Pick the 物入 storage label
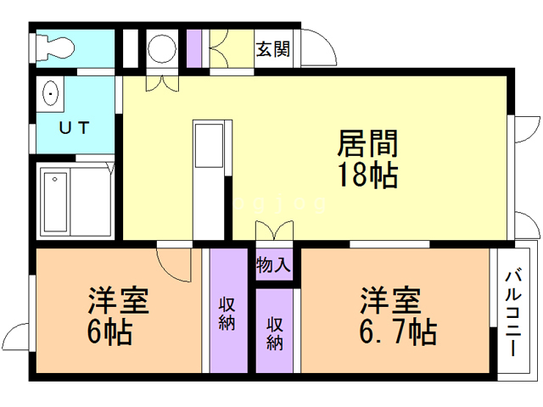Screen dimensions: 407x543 coord(273,265)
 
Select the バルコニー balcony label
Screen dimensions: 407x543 coord(513,311)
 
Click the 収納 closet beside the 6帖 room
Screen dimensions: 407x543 coord(227,312)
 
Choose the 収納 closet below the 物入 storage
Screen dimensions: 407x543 coord(275,332)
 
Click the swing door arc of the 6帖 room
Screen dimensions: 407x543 coord(174,263)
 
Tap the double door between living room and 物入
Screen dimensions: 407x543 coord(273,231)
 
